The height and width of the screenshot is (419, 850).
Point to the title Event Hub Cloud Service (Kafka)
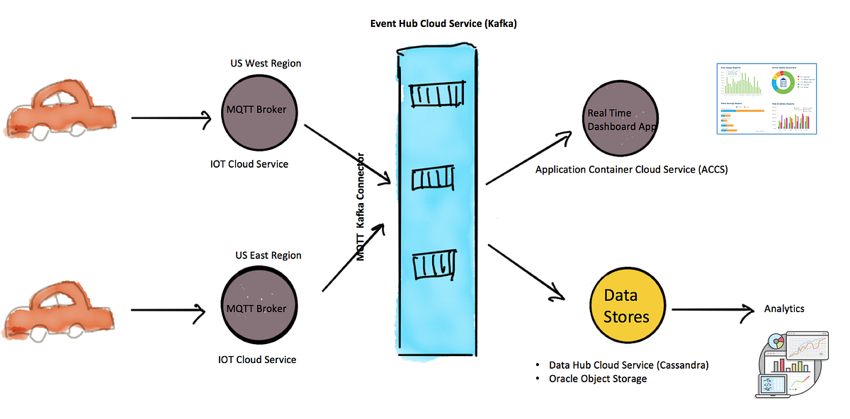[443, 23]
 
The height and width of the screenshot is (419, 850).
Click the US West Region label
[266, 63]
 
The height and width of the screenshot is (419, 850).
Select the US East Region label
[268, 255]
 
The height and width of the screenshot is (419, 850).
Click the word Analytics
[784, 309]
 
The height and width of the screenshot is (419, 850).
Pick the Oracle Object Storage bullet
[598, 379]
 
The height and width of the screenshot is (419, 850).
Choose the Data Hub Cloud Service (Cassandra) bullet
[628, 365]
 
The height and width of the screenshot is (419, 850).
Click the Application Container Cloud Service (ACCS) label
[631, 170]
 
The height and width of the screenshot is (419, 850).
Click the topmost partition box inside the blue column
[438, 96]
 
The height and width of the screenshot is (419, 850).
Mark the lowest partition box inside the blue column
[433, 265]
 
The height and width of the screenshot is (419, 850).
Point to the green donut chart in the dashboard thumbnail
[783, 84]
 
